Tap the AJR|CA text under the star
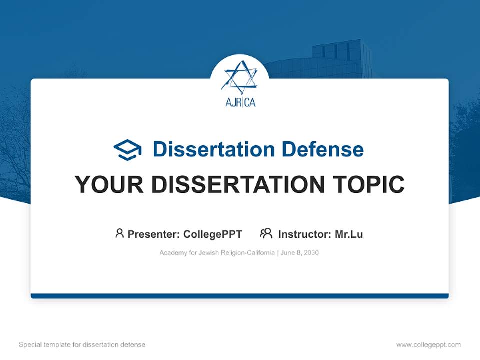click(240, 102)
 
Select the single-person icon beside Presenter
click(119, 233)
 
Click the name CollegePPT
click(213, 234)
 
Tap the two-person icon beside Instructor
click(266, 233)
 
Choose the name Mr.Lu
click(349, 234)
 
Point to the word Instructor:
click(305, 234)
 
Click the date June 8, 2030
click(300, 253)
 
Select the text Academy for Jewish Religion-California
click(217, 253)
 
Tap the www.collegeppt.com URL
click(428, 345)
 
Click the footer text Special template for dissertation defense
click(82, 345)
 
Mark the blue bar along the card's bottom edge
click(240, 296)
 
